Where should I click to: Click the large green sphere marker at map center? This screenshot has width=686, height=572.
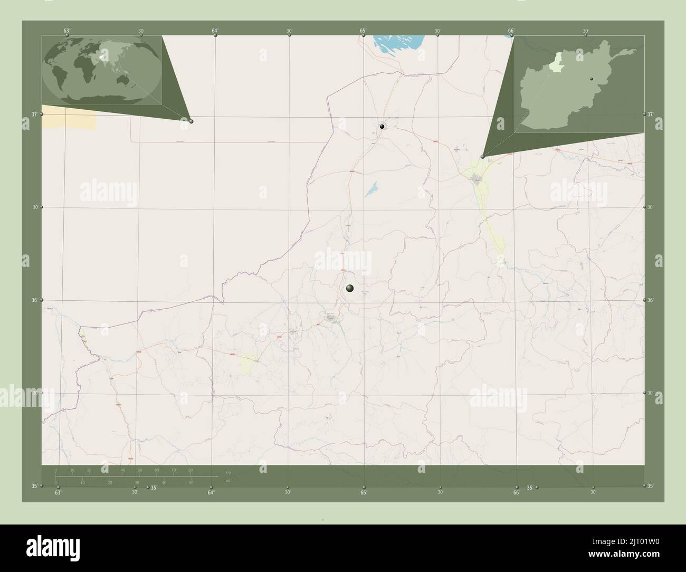point(349,288)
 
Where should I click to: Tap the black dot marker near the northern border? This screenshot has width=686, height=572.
point(382,126)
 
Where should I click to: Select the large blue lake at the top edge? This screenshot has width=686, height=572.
point(398,42)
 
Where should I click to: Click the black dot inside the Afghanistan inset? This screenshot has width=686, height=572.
point(592,79)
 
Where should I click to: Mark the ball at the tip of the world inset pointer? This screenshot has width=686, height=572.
point(191,121)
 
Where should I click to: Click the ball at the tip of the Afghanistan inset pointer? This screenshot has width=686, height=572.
point(482,156)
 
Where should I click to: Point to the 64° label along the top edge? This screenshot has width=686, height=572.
point(215,31)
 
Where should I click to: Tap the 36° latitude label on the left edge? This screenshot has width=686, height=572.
point(34,300)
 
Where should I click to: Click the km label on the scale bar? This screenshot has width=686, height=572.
point(228,472)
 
